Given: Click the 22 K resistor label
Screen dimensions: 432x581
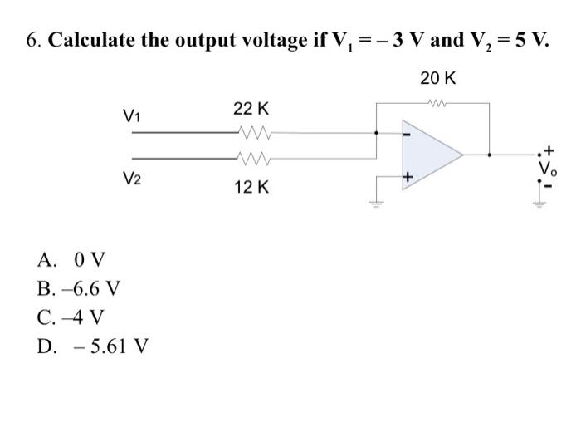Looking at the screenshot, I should coord(251,110).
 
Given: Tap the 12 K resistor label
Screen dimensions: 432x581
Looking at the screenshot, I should coord(251,189).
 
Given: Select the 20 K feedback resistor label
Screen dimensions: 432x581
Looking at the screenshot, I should coord(437,79).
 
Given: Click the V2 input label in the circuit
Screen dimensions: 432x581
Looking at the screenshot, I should coord(131,178).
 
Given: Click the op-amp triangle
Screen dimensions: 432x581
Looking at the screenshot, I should coord(428,154).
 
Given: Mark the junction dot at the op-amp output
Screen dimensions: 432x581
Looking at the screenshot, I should coord(489,154).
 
